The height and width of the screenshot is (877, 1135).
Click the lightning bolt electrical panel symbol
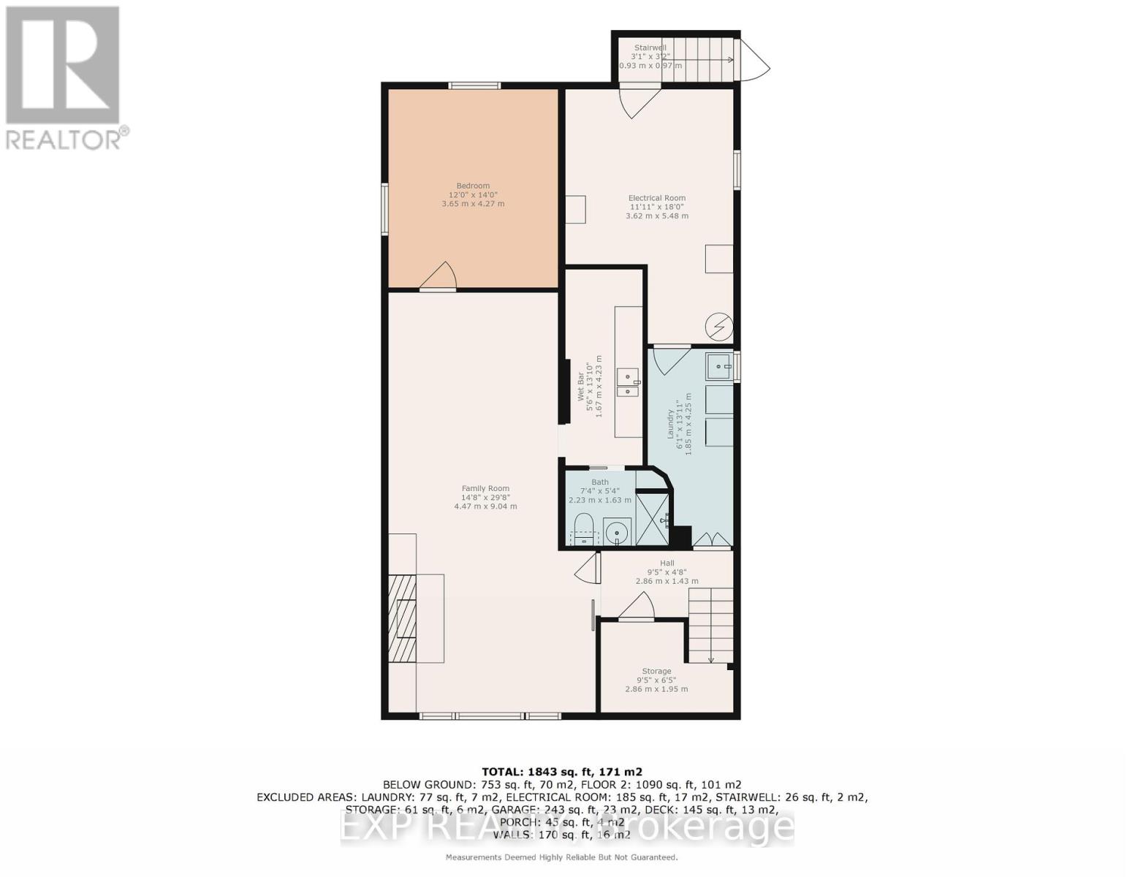click(x=718, y=327)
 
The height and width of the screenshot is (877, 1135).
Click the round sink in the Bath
click(x=618, y=532)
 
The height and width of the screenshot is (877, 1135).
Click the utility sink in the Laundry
click(x=719, y=365)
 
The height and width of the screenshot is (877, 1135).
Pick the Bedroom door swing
click(x=439, y=277)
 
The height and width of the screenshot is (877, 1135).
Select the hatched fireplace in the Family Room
click(x=402, y=618)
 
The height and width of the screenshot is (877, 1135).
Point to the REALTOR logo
click(x=64, y=77)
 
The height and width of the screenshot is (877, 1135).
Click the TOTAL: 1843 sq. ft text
click(x=561, y=772)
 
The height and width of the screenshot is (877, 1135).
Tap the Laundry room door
click(x=671, y=358)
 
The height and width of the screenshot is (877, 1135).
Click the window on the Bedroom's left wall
click(x=384, y=209)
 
